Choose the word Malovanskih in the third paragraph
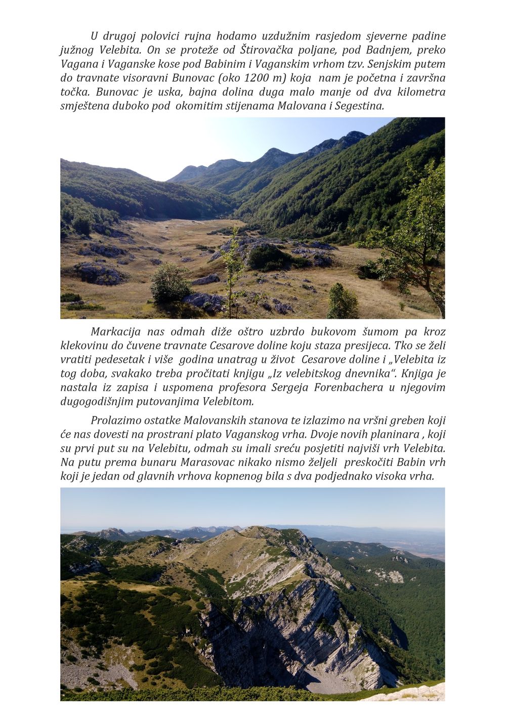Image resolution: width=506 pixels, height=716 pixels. click(x=214, y=420)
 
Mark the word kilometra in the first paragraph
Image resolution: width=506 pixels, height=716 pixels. click(x=420, y=92)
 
